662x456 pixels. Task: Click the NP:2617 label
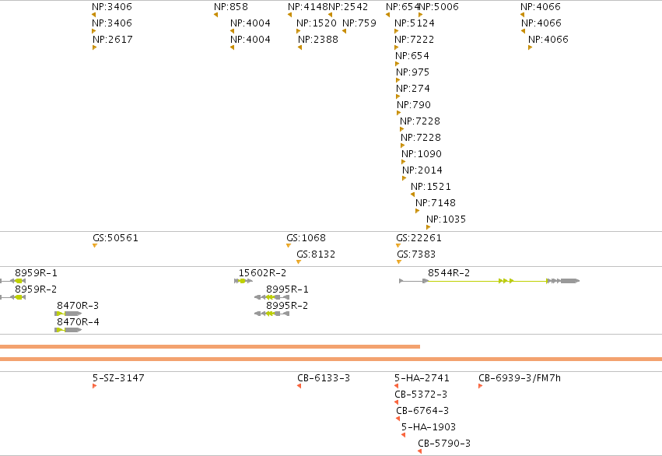[113, 39]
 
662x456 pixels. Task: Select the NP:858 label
[231, 7]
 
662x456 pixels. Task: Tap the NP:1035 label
[446, 219]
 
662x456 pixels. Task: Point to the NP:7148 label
[436, 202]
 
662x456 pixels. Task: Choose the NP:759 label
[359, 23]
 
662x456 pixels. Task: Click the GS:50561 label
[115, 237]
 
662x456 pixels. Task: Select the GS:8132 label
[316, 254]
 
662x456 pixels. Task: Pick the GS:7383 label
[416, 254]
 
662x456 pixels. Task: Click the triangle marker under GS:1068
[289, 246]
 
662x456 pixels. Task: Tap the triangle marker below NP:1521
[412, 195]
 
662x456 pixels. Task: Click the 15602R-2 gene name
[262, 273]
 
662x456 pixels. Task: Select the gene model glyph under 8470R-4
[68, 330]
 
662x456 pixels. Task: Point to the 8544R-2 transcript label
[449, 273]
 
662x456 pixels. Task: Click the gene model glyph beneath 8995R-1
[272, 297]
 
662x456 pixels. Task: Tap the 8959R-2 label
[36, 289]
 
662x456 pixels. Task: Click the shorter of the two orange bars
[210, 346]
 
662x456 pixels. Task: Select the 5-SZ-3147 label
[118, 378]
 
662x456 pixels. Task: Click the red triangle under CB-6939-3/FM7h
[481, 386]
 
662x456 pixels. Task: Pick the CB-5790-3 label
[444, 444]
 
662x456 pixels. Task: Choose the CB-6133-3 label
[324, 378]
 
